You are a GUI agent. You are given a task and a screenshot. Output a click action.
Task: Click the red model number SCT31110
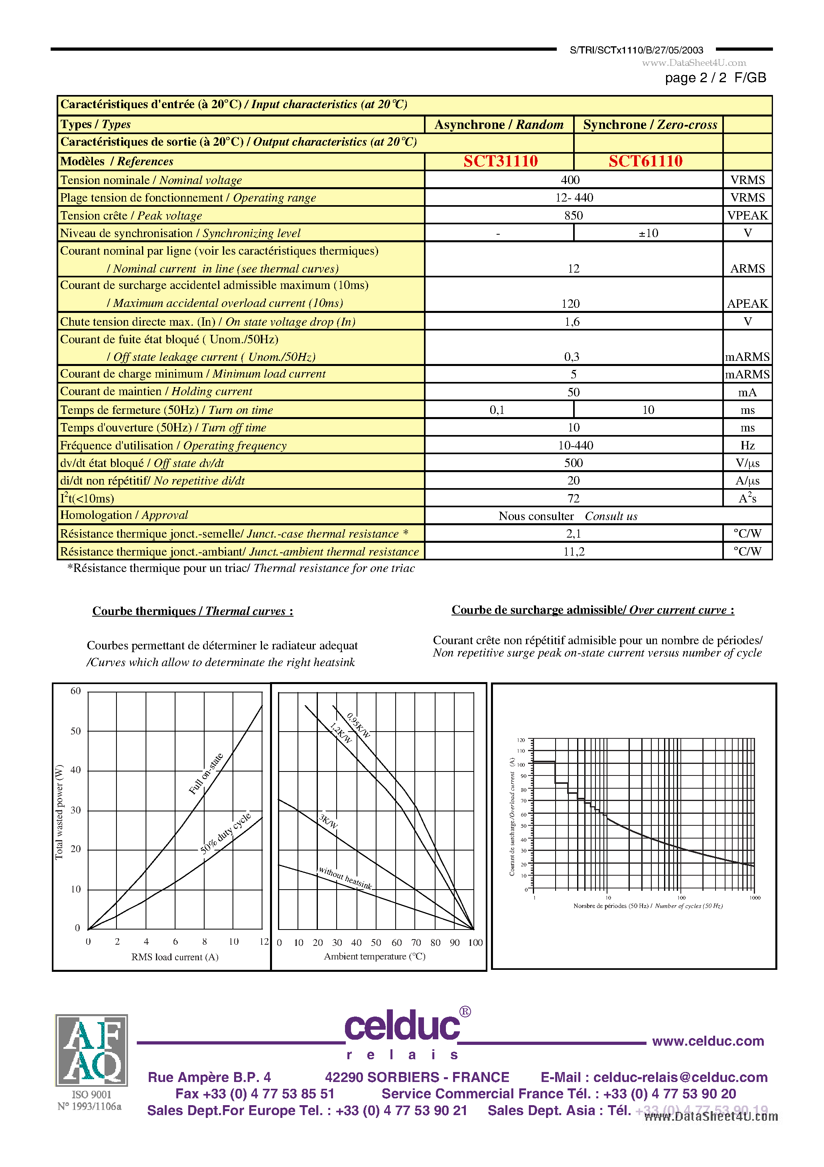[x=501, y=161]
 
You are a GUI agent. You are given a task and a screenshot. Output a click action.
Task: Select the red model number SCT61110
[x=645, y=161]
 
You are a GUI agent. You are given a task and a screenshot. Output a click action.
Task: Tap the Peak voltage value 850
[x=573, y=216]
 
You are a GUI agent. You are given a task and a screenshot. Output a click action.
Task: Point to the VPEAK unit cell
[x=747, y=216]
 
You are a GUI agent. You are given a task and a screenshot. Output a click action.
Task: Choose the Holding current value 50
[x=573, y=392]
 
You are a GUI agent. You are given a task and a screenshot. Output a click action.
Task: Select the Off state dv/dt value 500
[x=573, y=463]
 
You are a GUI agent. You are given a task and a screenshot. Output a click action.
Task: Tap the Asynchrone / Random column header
[x=499, y=125]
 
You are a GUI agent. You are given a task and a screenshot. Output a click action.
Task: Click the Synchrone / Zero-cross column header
[x=650, y=125]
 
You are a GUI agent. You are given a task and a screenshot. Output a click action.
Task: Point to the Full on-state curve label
[x=206, y=773]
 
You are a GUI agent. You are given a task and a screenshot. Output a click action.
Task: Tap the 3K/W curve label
[x=328, y=821]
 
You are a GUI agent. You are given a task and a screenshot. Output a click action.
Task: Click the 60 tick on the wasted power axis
[x=76, y=691]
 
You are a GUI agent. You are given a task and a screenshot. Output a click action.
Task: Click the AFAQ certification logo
[x=91, y=1050]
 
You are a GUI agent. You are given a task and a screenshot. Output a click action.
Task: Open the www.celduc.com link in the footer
[x=708, y=1041]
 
